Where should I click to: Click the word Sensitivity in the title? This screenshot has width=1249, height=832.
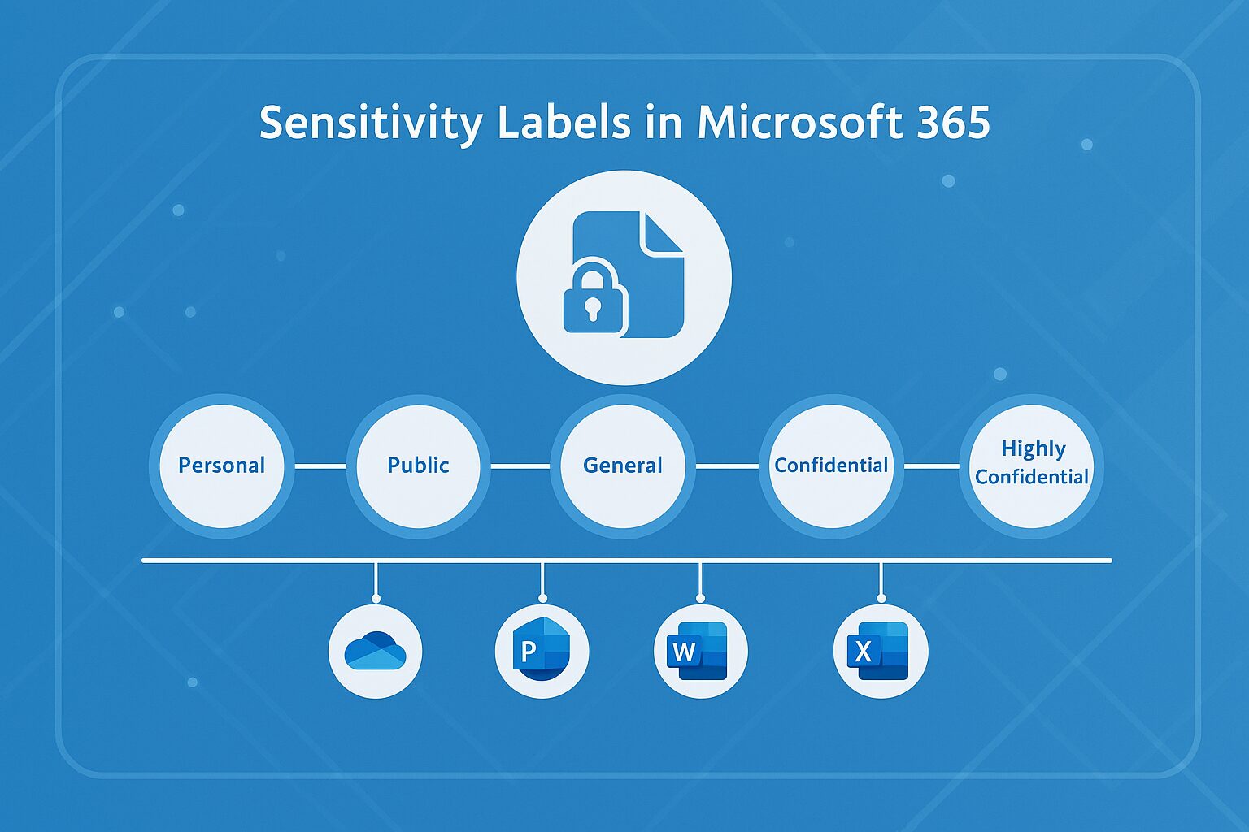(371, 123)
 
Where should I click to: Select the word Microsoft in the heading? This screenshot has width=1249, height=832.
(799, 122)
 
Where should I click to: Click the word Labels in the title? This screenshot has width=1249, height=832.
(562, 122)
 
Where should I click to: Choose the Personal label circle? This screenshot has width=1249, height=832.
(221, 466)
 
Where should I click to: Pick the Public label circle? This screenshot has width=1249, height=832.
(418, 466)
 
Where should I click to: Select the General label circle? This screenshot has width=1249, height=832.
(623, 466)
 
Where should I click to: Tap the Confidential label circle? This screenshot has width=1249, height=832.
(830, 466)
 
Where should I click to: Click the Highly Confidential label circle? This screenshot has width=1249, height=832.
(1032, 466)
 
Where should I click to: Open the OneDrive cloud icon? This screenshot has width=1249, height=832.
(375, 651)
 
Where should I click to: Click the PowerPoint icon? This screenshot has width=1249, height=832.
(542, 651)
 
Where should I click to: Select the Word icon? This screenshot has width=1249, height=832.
(700, 651)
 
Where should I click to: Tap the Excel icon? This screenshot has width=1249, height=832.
(881, 651)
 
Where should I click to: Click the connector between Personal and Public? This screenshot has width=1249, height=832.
(320, 466)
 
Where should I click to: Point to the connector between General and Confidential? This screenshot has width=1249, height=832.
(726, 466)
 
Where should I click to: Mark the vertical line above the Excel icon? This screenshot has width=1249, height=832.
(881, 580)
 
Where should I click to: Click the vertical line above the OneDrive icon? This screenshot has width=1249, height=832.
(375, 580)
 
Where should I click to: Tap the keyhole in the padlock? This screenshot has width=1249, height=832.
(593, 309)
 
